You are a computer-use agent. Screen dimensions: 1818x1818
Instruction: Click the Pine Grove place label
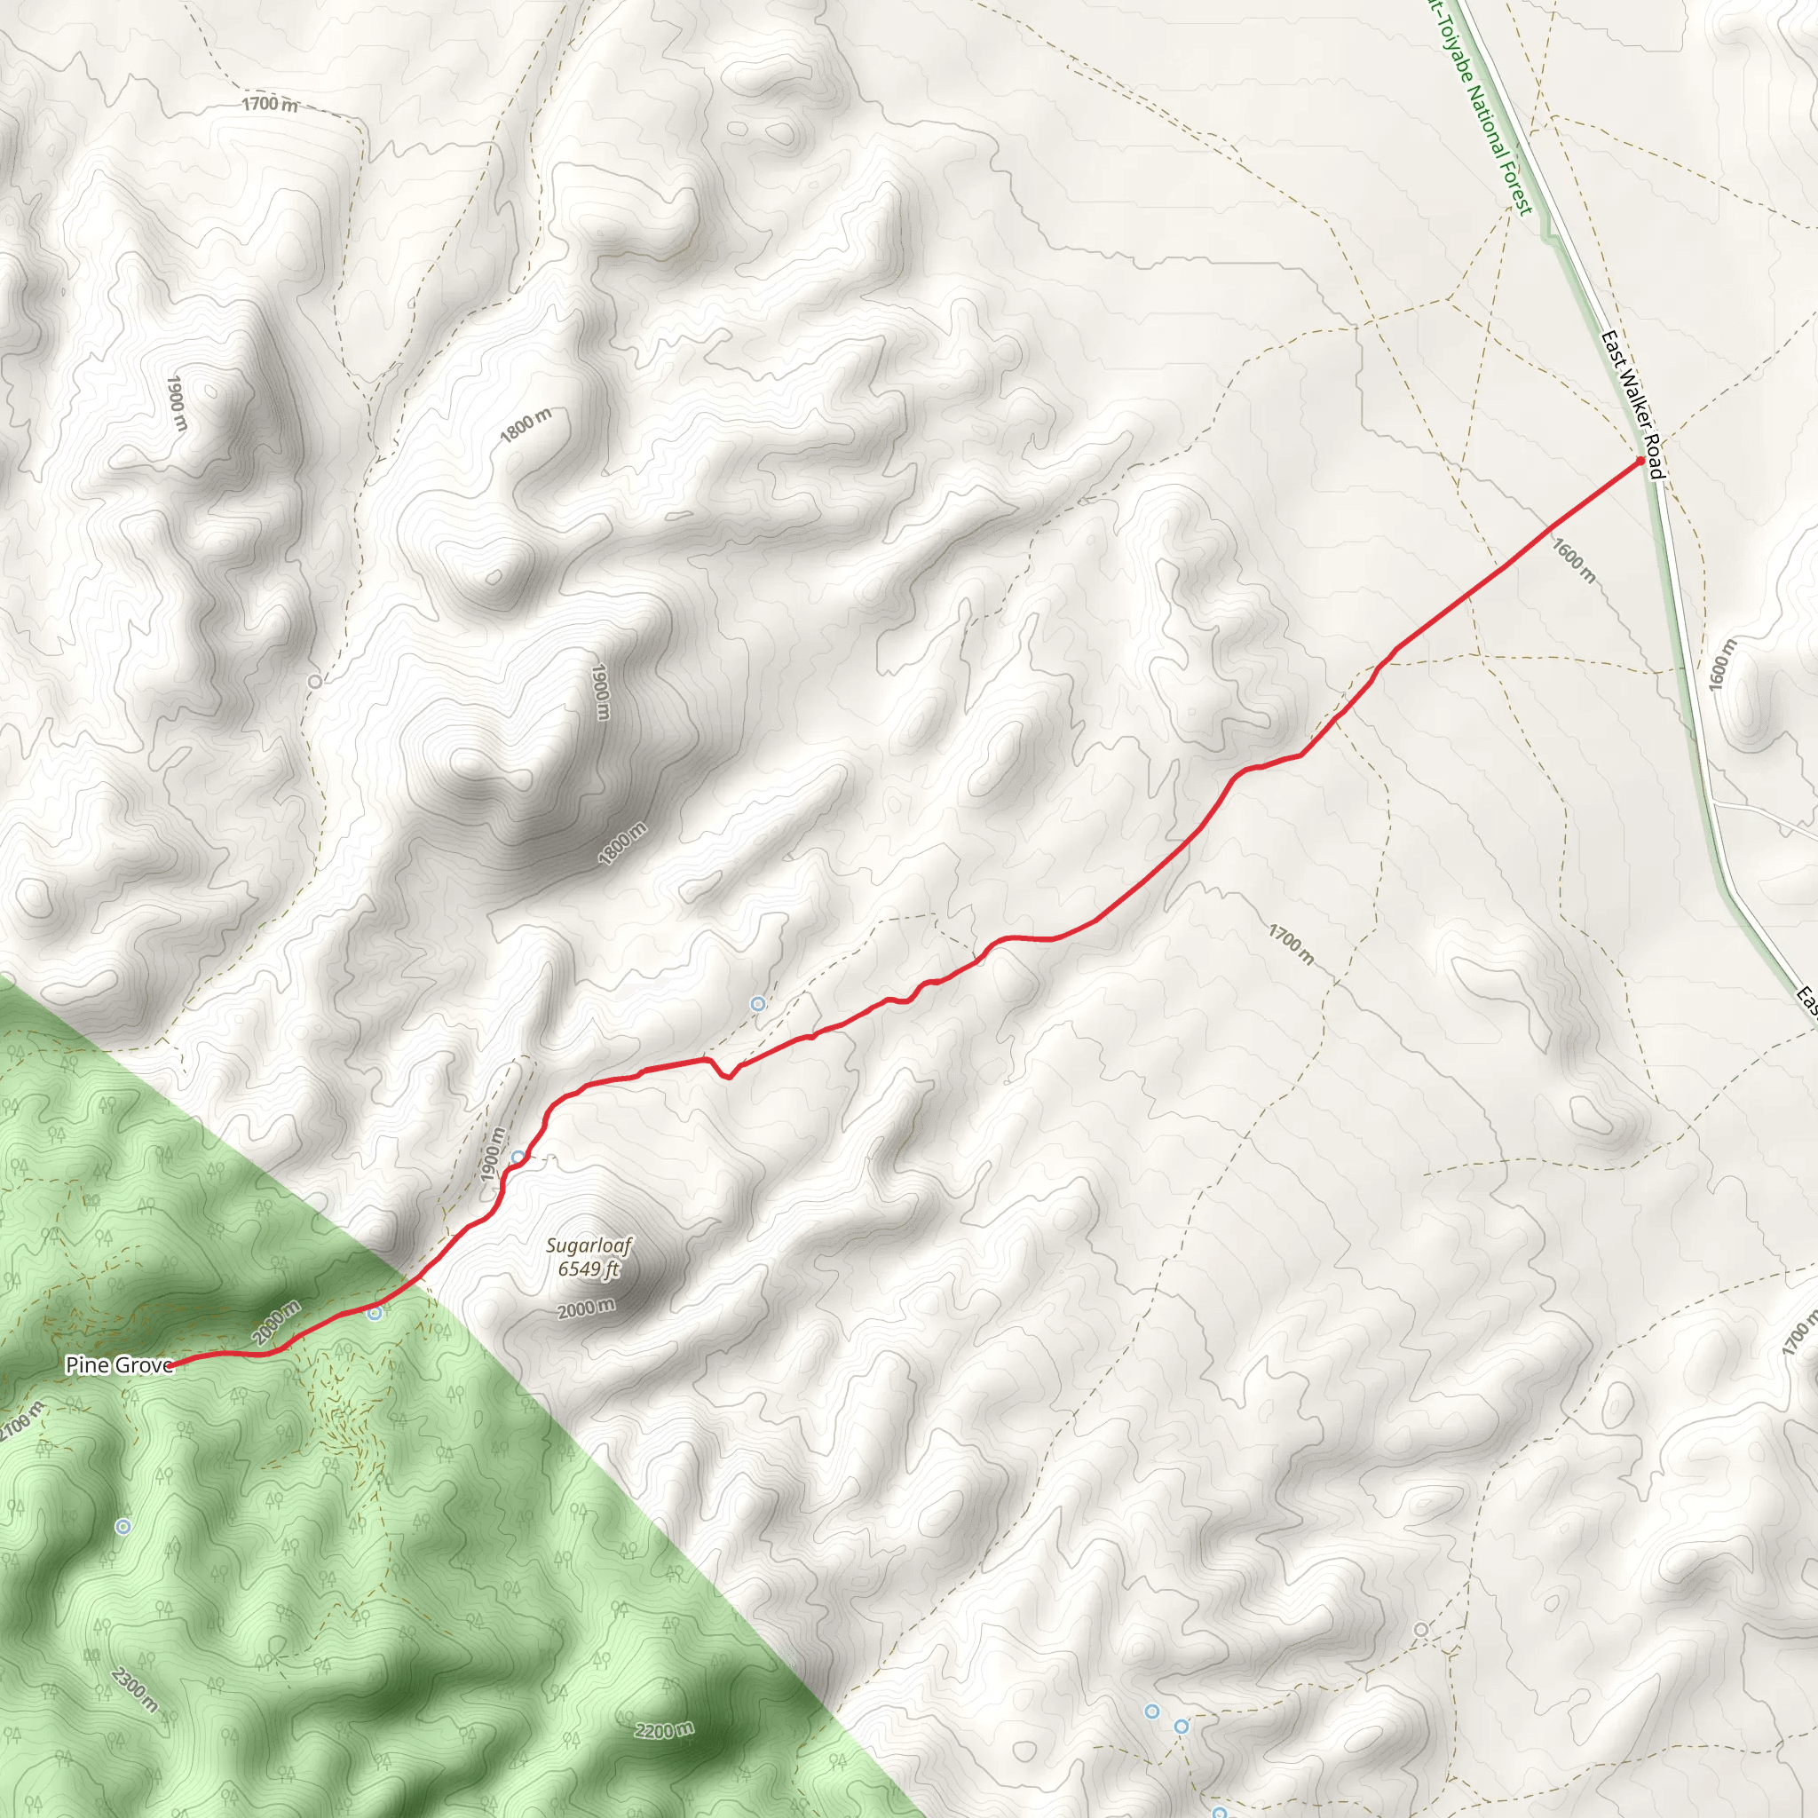coord(119,1365)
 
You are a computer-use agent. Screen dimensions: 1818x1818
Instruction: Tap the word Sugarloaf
coord(589,1245)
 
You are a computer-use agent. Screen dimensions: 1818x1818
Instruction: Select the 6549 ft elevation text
coord(589,1269)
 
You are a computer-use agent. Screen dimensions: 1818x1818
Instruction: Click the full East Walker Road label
coord(1632,404)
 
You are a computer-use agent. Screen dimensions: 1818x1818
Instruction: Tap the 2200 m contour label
coord(664,1730)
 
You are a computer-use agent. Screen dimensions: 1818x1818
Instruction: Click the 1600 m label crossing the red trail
coord(1572,561)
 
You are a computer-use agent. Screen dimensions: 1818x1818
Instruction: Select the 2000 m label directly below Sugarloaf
coord(586,1308)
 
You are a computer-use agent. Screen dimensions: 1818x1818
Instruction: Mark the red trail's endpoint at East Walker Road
coord(1640,461)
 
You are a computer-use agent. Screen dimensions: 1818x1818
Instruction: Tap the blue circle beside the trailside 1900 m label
coord(518,1157)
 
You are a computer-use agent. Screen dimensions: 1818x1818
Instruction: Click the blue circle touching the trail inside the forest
coord(375,1314)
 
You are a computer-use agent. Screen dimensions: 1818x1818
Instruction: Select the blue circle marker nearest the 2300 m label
coord(123,1526)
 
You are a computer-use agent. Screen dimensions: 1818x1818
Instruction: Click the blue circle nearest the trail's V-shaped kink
coord(757,1004)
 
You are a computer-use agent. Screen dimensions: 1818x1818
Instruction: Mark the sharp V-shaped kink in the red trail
coord(727,1079)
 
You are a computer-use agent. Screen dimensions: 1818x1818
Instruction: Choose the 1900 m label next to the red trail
coord(491,1155)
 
